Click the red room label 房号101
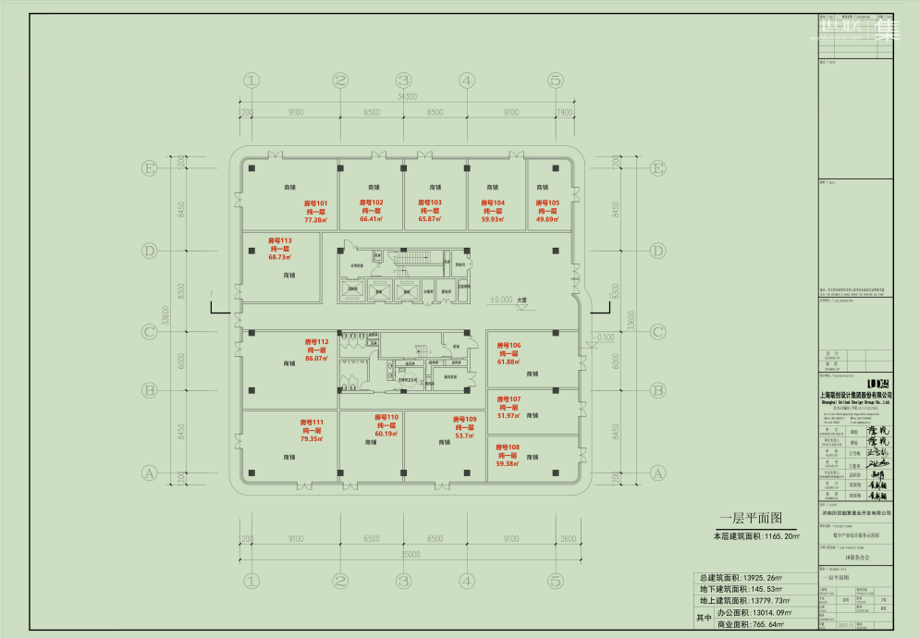pos(316,202)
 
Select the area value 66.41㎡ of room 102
pos(371,220)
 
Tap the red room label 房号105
pos(548,202)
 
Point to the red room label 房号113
pos(279,240)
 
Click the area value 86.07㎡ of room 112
pos(317,359)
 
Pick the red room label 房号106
pos(509,345)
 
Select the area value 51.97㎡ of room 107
pos(509,416)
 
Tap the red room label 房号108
pos(508,448)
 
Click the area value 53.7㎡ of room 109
pos(464,436)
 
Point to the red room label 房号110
pos(386,417)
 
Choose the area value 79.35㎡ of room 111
pos(312,439)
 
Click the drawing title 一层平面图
pos(751,519)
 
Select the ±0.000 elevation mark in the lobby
pos(501,300)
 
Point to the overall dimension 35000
pos(405,554)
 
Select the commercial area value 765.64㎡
pos(764,626)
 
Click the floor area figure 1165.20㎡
pos(778,536)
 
